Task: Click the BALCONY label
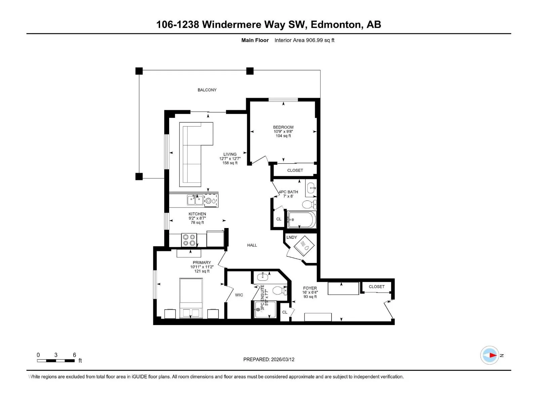pyautogui.click(x=207, y=90)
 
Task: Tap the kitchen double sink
pyautogui.click(x=195, y=200)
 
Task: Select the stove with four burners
pyautogui.click(x=189, y=240)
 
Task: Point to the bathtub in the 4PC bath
pyautogui.click(x=302, y=220)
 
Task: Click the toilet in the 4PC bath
pyautogui.click(x=309, y=204)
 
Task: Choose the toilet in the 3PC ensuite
pyautogui.click(x=280, y=290)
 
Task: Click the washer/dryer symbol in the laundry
pyautogui.click(x=304, y=246)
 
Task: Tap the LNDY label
pyautogui.click(x=292, y=237)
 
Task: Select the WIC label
pyautogui.click(x=239, y=295)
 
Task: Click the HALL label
pyautogui.click(x=252, y=245)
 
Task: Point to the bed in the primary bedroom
pyautogui.click(x=191, y=298)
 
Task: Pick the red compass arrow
pyautogui.click(x=493, y=355)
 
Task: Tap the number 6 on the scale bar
pyautogui.click(x=75, y=355)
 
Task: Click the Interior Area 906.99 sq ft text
pyautogui.click(x=304, y=40)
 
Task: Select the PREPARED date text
pyautogui.click(x=269, y=359)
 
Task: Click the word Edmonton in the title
pyautogui.click(x=335, y=25)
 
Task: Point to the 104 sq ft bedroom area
pyautogui.click(x=283, y=136)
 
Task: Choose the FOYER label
pyautogui.click(x=310, y=288)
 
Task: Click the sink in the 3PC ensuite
pyautogui.click(x=263, y=277)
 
